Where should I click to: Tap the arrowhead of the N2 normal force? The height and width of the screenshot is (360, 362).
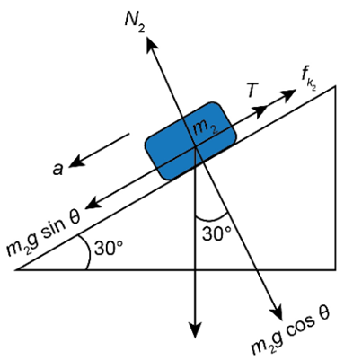[151, 44]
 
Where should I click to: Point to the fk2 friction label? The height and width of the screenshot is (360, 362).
[309, 78]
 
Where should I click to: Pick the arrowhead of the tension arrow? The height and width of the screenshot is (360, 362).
[260, 111]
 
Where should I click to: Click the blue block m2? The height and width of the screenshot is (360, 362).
[190, 141]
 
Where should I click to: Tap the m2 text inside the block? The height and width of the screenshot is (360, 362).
[205, 129]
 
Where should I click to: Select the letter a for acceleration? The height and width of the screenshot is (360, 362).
[57, 170]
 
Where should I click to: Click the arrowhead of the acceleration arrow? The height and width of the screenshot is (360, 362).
[76, 161]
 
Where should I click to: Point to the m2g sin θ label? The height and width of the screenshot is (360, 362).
[43, 234]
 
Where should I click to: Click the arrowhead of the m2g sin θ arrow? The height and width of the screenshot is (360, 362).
[93, 203]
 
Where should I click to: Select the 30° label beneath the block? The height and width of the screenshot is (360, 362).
[216, 233]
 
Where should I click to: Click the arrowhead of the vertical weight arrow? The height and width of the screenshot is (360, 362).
[195, 329]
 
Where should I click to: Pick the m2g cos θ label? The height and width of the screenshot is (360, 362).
[290, 333]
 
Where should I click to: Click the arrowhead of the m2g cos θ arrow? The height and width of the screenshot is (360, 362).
[278, 312]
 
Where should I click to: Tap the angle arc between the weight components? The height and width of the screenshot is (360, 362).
[212, 218]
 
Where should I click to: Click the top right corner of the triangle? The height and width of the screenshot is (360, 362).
[335, 86]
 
